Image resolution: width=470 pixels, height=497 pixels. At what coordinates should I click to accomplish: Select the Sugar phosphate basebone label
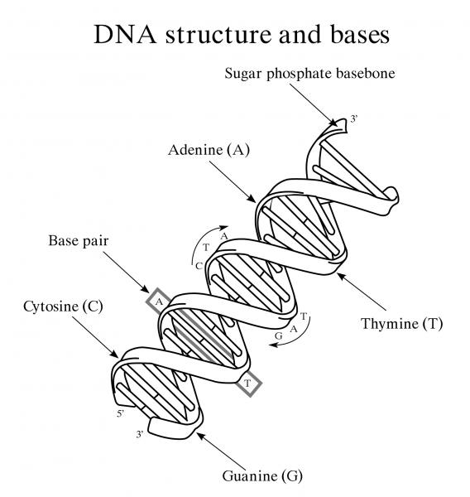coord(311,73)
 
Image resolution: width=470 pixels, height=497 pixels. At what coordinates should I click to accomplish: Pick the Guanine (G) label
coord(263,475)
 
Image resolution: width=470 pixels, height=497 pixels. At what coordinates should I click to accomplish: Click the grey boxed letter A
coord(157,302)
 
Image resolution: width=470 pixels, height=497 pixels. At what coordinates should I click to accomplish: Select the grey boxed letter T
coord(247,383)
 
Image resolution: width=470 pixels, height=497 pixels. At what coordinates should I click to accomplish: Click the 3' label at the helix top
coord(354,120)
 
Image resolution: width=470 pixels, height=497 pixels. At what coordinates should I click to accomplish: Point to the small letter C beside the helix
coord(199,266)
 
